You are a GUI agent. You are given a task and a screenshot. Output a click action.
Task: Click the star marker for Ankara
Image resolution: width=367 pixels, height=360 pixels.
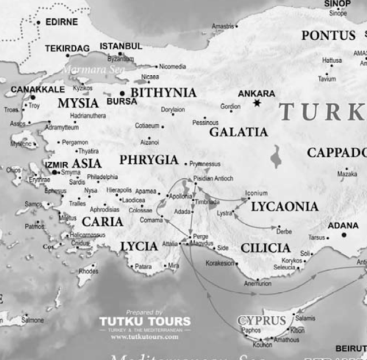click(x=257, y=103)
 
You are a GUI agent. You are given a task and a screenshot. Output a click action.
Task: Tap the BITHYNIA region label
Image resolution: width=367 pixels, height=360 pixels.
click(x=163, y=93)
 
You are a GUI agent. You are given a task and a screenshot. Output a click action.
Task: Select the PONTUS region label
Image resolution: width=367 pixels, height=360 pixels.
click(x=329, y=36)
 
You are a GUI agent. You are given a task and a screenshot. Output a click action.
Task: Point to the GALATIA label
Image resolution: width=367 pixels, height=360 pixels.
click(x=238, y=132)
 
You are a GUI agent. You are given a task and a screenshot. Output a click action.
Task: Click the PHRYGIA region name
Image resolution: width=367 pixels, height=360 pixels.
click(x=149, y=160)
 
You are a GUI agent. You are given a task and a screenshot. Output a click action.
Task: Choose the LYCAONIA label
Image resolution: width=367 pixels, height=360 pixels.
click(x=284, y=206)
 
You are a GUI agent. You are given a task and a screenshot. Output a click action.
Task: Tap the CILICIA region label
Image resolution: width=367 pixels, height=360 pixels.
click(x=265, y=248)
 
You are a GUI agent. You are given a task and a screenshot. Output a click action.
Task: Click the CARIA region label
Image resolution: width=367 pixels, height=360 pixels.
click(x=102, y=221)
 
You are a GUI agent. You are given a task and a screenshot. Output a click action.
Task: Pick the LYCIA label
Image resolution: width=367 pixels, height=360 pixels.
click(x=139, y=247)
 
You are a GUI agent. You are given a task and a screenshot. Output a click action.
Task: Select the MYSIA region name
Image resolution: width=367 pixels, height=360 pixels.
click(x=78, y=104)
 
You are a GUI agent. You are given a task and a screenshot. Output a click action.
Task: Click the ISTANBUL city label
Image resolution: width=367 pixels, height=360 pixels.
click(x=121, y=46)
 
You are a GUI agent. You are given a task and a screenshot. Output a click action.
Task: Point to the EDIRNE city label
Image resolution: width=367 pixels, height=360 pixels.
click(x=60, y=22)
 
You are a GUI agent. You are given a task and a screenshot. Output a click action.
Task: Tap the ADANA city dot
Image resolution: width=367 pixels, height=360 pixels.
click(x=343, y=235)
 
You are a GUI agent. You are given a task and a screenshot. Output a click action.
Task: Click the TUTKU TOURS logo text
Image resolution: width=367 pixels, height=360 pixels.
click(x=145, y=321)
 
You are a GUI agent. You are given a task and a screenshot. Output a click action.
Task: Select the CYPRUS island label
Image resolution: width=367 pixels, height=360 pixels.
click(x=261, y=320)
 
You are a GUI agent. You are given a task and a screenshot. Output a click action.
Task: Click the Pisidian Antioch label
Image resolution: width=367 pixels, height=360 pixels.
click(x=214, y=178)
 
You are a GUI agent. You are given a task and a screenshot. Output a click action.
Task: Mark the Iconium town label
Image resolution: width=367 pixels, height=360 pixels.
click(x=256, y=193)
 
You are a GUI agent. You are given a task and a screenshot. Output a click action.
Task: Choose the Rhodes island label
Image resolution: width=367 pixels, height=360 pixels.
click(x=88, y=271)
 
